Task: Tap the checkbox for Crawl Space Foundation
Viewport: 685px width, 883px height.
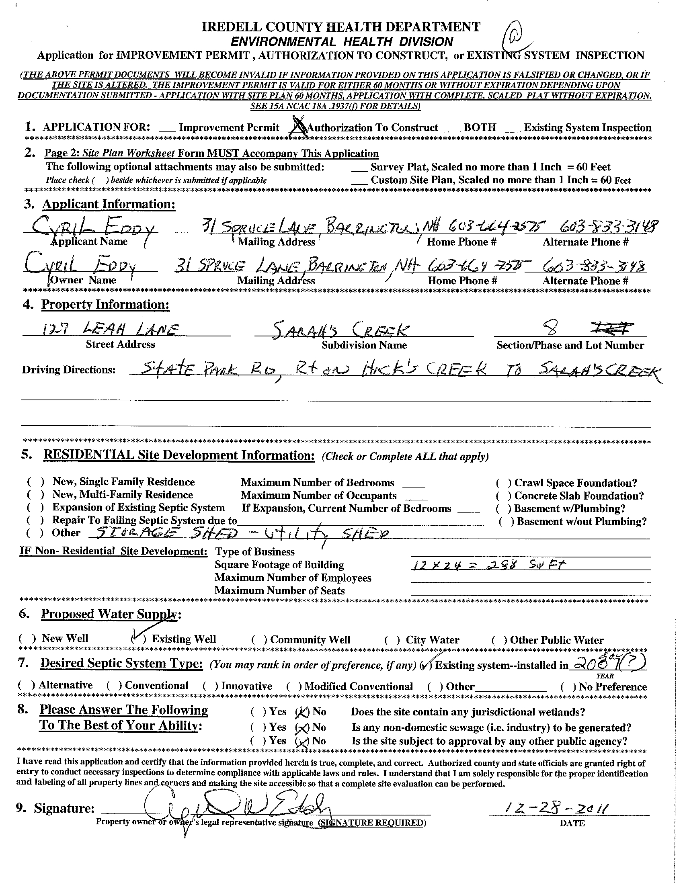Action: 500,483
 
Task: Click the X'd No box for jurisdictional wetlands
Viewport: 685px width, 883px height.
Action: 301,712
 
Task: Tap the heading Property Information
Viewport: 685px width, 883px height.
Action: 105,304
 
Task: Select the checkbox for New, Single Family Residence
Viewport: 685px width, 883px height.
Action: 36,482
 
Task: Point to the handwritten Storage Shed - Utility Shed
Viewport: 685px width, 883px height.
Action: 238,534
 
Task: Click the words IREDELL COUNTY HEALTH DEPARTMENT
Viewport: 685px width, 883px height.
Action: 341,27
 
